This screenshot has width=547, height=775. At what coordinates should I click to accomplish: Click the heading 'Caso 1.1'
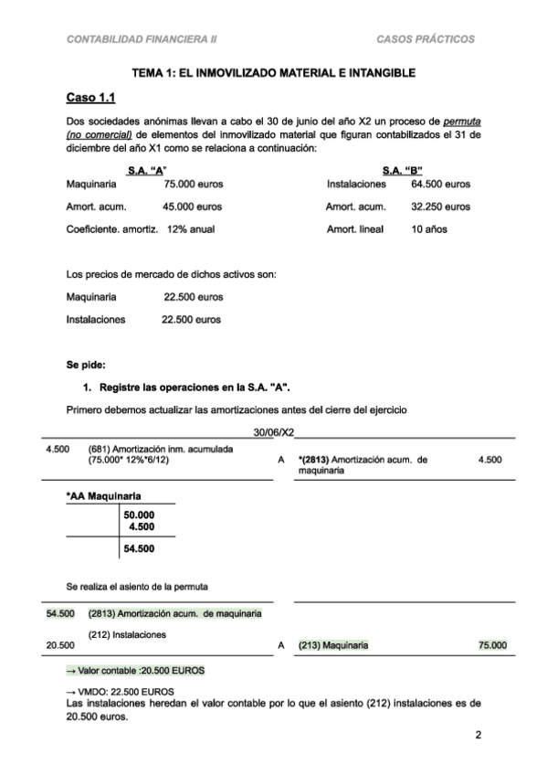pyautogui.click(x=89, y=98)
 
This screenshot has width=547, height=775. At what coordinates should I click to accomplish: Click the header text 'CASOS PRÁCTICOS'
pyautogui.click(x=426, y=39)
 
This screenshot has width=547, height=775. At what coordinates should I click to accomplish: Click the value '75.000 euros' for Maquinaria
pyautogui.click(x=193, y=184)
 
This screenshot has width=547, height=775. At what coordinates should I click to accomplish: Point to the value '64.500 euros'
pyautogui.click(x=441, y=184)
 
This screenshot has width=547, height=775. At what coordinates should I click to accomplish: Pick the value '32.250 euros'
pyautogui.click(x=441, y=207)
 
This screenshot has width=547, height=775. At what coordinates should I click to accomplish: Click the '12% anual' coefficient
pyautogui.click(x=191, y=229)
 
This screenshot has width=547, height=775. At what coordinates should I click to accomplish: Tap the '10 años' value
pyautogui.click(x=429, y=229)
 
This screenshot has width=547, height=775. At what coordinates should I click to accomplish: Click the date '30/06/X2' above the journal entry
pyautogui.click(x=273, y=432)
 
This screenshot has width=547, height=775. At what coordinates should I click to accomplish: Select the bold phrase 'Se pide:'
pyautogui.click(x=86, y=365)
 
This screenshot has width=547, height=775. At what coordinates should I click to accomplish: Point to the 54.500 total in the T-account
pyautogui.click(x=139, y=548)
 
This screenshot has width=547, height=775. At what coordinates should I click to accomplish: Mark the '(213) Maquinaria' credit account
pyautogui.click(x=333, y=645)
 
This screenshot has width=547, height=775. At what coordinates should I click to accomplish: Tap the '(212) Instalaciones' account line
pyautogui.click(x=126, y=633)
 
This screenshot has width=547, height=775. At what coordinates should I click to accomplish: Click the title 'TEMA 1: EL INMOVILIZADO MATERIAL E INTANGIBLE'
pyautogui.click(x=274, y=72)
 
